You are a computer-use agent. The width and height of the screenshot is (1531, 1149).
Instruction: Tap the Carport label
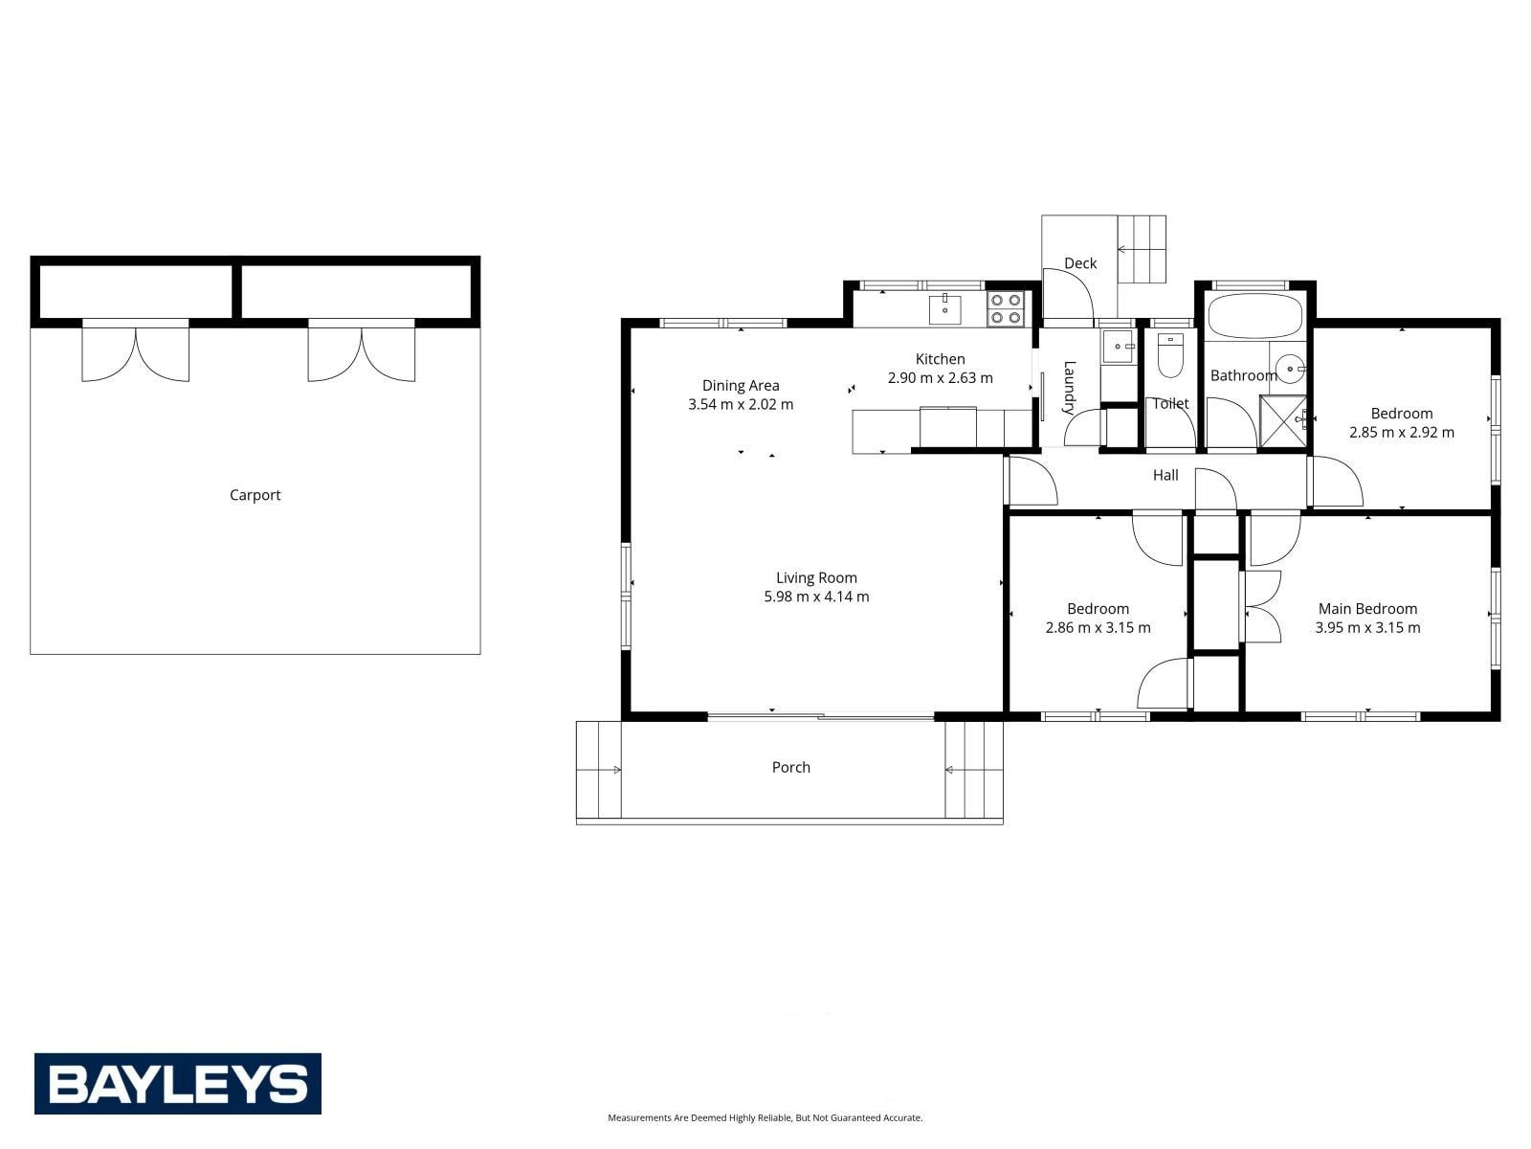(255, 495)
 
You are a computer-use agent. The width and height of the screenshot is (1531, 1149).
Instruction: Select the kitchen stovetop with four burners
(1005, 308)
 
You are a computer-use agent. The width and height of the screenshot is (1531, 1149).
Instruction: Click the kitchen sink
(944, 309)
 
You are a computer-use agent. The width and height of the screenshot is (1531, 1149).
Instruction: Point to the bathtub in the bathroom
(1254, 316)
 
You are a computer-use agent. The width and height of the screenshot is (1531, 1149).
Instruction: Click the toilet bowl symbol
(1169, 355)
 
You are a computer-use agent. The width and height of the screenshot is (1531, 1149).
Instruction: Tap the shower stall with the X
(1283, 419)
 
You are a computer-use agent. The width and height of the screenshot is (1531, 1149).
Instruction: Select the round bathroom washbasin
(1291, 369)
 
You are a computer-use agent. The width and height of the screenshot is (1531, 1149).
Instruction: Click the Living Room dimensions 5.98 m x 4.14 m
(816, 597)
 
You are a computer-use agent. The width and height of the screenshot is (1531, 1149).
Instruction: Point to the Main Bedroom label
(1367, 608)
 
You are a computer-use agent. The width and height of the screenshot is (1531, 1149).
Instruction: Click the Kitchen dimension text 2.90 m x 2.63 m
(940, 378)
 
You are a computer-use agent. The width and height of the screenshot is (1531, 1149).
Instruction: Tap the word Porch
(791, 767)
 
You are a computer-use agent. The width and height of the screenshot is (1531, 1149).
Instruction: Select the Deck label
(1079, 263)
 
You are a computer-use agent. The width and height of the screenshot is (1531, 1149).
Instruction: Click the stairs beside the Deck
(1142, 249)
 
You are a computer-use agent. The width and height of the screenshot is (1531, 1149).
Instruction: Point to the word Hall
(1165, 475)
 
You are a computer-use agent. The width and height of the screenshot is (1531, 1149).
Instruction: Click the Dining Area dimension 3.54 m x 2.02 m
(740, 405)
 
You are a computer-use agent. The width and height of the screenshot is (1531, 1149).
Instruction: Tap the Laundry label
(1069, 388)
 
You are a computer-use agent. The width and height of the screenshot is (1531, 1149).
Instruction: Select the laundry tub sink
(1118, 346)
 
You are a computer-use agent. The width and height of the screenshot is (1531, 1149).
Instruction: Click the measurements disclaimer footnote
(765, 1117)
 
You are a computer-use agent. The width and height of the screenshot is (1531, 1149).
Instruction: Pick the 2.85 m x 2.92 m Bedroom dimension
(1401, 433)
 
